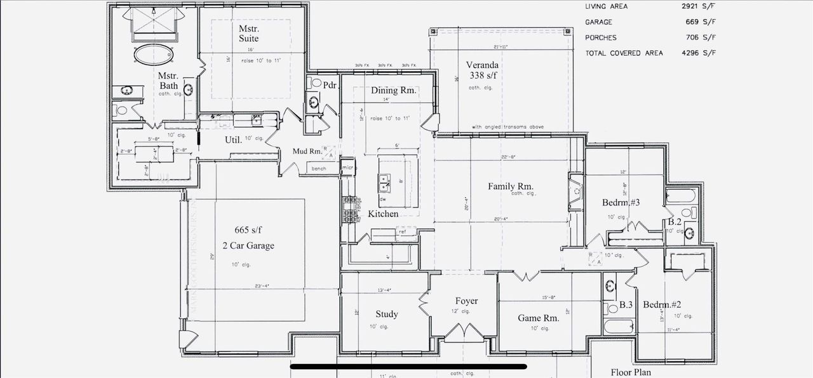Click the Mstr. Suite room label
point(249,34)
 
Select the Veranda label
point(482,70)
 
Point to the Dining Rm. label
point(394,91)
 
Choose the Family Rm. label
point(511,186)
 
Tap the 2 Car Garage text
point(248,245)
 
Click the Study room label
point(386,314)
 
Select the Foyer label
point(466,301)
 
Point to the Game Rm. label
point(538,318)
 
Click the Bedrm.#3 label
point(621,203)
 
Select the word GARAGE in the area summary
point(599,22)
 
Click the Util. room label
point(233,140)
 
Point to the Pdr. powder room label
point(330,85)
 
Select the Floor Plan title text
point(631,372)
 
